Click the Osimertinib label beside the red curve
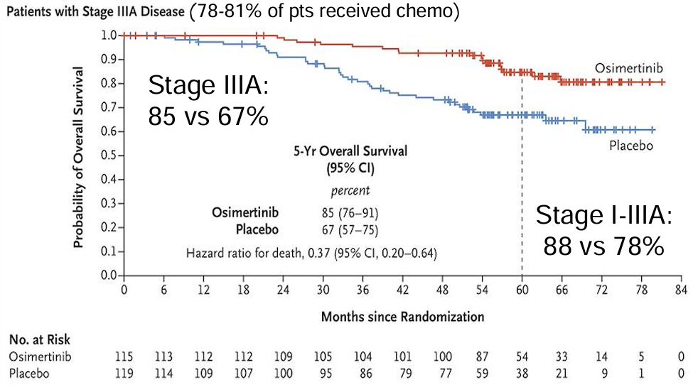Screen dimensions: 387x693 pyautogui.click(x=630, y=67)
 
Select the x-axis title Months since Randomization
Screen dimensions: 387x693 pyautogui.click(x=402, y=315)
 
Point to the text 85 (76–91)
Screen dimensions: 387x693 pyautogui.click(x=350, y=213)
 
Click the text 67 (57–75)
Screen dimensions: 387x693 pyautogui.click(x=350, y=230)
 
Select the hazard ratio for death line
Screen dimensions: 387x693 pyautogui.click(x=311, y=253)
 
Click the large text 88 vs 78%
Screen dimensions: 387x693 pyautogui.click(x=603, y=246)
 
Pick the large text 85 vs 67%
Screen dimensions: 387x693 pyautogui.click(x=208, y=115)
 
